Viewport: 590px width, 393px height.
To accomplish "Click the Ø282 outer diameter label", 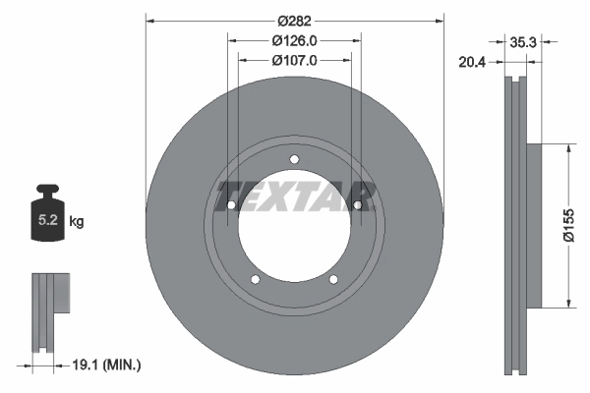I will [x=293, y=20].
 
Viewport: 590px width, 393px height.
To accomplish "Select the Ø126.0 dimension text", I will [x=293, y=40].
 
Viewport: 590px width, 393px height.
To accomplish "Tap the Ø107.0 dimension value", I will [x=293, y=60].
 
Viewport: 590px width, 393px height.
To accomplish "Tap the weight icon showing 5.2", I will [x=47, y=218].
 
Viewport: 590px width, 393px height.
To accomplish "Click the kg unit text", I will [x=77, y=223].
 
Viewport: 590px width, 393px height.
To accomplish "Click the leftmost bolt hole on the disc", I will [x=231, y=205].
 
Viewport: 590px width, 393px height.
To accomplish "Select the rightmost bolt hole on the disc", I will [x=357, y=205].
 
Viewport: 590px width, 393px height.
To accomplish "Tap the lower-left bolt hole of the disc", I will [x=256, y=280].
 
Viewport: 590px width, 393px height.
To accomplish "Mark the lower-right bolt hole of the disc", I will [x=333, y=280].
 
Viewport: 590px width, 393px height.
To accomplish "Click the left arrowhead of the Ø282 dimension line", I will [x=149, y=20].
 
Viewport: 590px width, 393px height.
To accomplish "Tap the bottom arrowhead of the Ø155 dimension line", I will [x=567, y=304].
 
